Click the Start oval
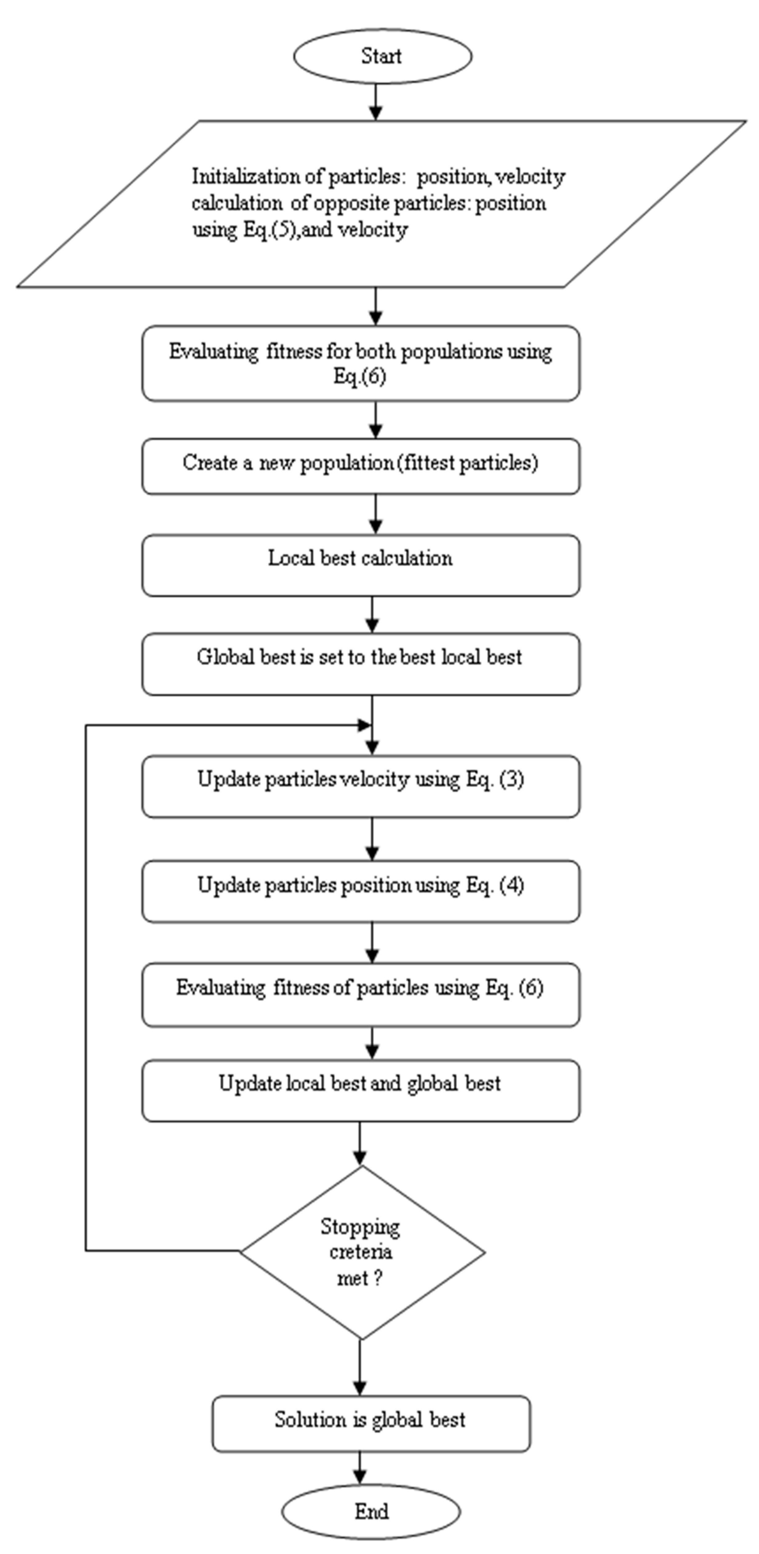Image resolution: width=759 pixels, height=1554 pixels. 382,56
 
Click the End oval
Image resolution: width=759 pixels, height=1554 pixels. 371,1511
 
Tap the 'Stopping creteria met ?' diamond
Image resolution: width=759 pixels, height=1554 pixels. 362,1252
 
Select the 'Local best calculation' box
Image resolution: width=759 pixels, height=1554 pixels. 361,565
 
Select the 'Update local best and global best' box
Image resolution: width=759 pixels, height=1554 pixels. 361,1091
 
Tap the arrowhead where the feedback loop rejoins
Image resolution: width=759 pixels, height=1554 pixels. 364,725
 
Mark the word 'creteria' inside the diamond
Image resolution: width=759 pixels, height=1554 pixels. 361,1252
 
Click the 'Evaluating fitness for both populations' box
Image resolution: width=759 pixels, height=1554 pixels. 361,363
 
